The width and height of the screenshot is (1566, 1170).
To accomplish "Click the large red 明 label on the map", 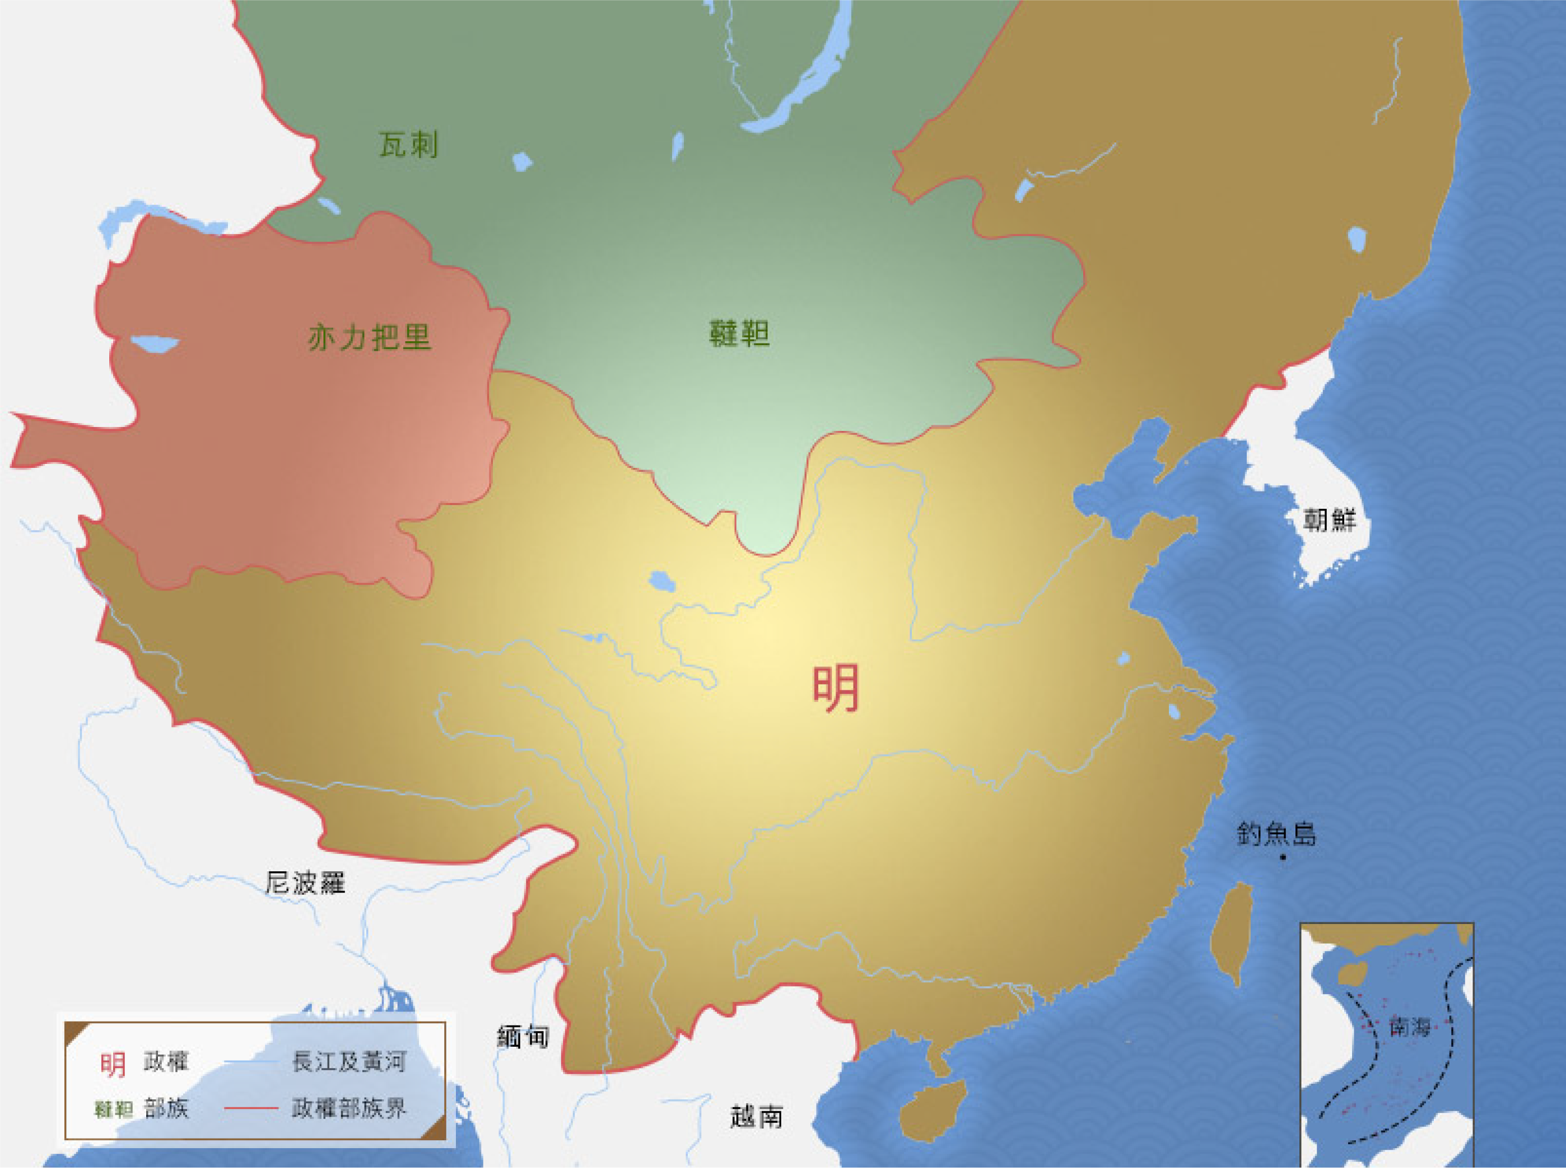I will click(836, 688).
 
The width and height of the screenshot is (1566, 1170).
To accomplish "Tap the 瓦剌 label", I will click(408, 145).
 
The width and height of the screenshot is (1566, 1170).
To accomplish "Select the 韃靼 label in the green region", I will click(739, 333).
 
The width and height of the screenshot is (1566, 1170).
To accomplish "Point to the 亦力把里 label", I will click(369, 337).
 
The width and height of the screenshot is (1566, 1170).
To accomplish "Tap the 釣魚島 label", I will click(1276, 834).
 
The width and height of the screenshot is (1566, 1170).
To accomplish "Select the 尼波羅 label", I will click(305, 883).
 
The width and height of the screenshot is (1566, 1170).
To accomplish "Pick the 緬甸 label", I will click(523, 1037).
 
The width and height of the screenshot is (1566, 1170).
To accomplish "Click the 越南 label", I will click(756, 1117).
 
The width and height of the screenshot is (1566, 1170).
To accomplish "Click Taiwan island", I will click(1232, 931).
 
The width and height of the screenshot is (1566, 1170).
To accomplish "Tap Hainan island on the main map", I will click(933, 1110).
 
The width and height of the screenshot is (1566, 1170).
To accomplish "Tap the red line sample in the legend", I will click(250, 1108).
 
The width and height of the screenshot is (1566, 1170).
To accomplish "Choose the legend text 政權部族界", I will click(349, 1108).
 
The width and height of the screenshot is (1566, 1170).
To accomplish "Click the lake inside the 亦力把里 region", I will click(155, 344).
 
